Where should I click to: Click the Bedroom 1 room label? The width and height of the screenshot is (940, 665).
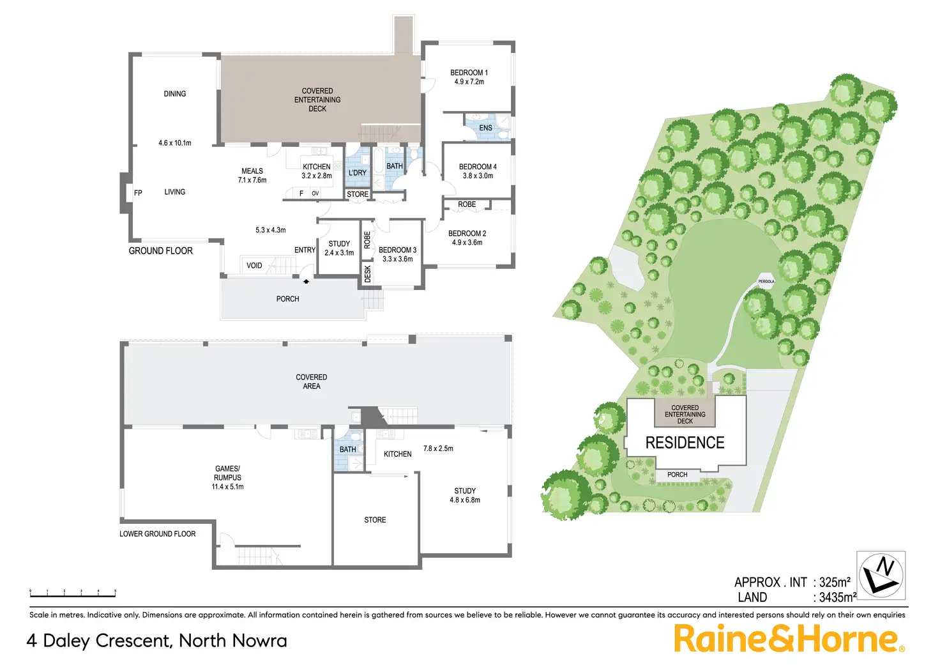(x=469, y=77)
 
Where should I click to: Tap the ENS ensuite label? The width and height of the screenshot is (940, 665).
(x=485, y=128)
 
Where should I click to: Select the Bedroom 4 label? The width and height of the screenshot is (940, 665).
(x=478, y=171)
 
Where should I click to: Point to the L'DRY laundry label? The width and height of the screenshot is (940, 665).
(x=358, y=172)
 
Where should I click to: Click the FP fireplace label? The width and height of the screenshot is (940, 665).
(x=138, y=193)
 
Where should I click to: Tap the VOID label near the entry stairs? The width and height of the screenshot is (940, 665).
(x=254, y=266)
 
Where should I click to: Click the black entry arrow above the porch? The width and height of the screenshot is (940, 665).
(x=307, y=280)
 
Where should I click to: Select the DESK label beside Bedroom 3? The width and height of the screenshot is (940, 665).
(x=368, y=273)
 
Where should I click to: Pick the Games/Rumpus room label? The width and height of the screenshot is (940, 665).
(x=227, y=477)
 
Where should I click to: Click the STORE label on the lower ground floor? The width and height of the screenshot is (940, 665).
(x=375, y=520)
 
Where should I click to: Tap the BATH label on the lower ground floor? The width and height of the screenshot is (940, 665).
(x=348, y=450)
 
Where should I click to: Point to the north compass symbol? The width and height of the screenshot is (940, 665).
(x=881, y=574)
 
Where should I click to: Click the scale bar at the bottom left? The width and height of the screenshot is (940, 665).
(x=72, y=594)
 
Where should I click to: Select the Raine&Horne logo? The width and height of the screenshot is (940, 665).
(x=789, y=639)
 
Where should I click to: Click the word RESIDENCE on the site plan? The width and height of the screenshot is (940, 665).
(x=685, y=443)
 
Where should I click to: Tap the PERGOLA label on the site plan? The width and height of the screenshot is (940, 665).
(x=766, y=281)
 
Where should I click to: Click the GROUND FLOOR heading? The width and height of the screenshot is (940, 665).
(x=160, y=251)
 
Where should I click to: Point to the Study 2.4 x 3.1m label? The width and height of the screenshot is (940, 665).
(x=339, y=248)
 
